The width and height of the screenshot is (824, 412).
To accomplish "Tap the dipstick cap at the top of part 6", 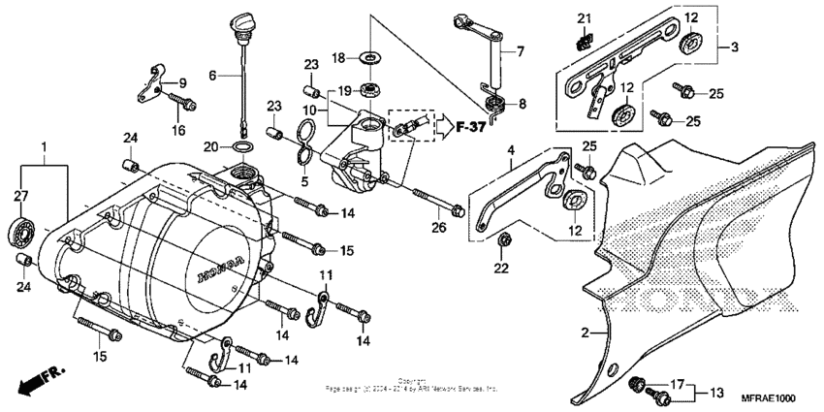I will click(x=240, y=19).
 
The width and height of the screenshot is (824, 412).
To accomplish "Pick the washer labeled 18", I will click(x=369, y=59).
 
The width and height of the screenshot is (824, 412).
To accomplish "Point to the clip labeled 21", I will click(x=584, y=41).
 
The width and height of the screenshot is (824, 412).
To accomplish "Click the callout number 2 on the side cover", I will click(x=585, y=333).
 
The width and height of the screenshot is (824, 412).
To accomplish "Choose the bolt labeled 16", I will click(x=182, y=100).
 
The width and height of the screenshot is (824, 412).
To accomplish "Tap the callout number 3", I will click(x=734, y=46).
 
